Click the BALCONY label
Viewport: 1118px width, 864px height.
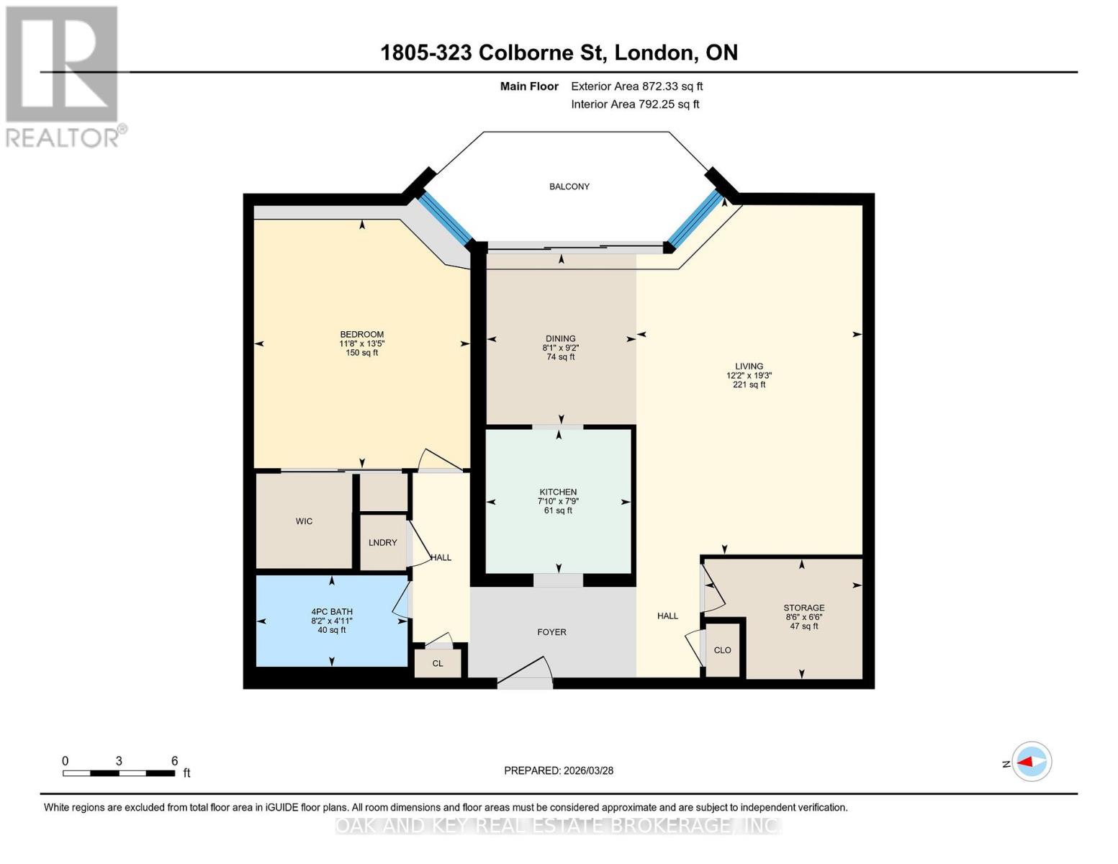(x=569, y=186)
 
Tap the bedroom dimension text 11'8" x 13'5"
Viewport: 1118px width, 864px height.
(x=361, y=343)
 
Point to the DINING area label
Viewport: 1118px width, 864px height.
(x=560, y=338)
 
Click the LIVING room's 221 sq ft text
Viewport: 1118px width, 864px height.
(x=749, y=384)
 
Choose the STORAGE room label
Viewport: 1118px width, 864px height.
(x=804, y=608)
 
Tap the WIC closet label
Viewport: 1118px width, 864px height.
(x=304, y=521)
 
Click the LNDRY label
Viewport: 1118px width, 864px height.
(x=382, y=543)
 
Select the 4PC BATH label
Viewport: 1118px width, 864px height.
(x=332, y=612)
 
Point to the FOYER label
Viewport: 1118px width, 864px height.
(x=551, y=632)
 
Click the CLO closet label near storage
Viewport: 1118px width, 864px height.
(x=722, y=650)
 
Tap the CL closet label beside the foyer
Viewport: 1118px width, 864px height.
(x=438, y=664)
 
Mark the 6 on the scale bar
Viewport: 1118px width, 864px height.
(x=174, y=761)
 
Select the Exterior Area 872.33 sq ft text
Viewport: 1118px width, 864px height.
(x=636, y=86)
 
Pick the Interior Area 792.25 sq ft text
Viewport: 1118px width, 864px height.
(x=635, y=104)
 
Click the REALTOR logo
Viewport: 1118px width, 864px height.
(x=63, y=76)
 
